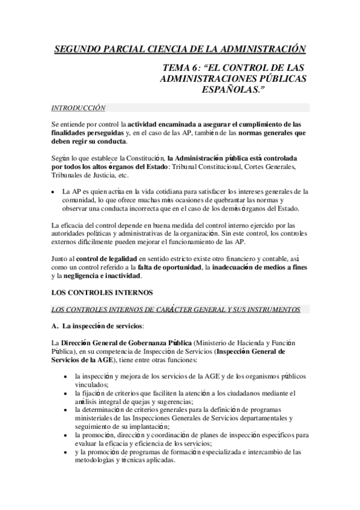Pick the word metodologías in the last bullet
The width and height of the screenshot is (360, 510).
coord(96,461)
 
